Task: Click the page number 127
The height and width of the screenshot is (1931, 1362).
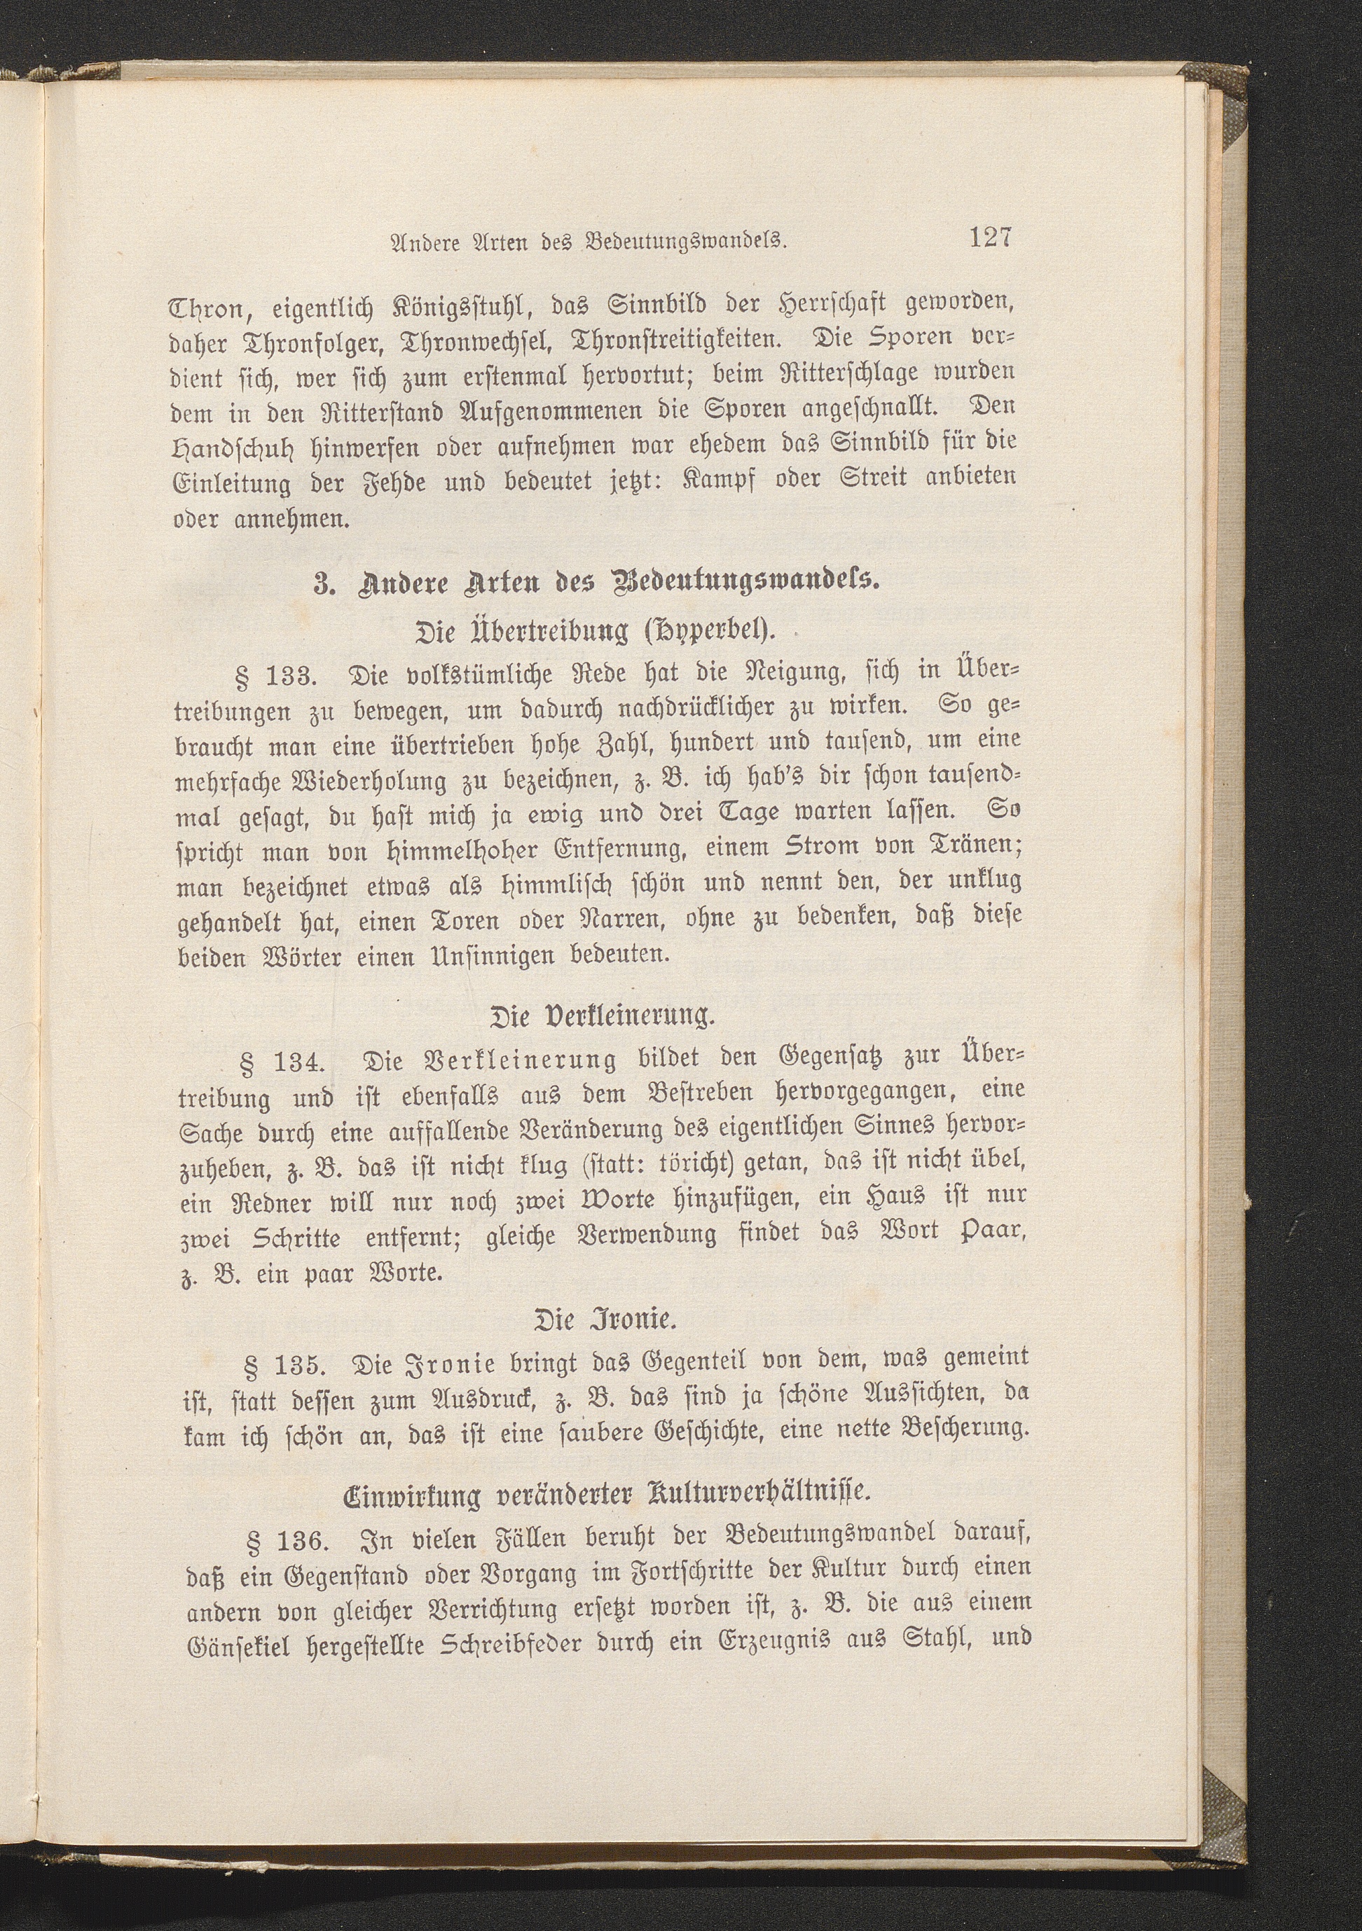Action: tap(989, 237)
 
